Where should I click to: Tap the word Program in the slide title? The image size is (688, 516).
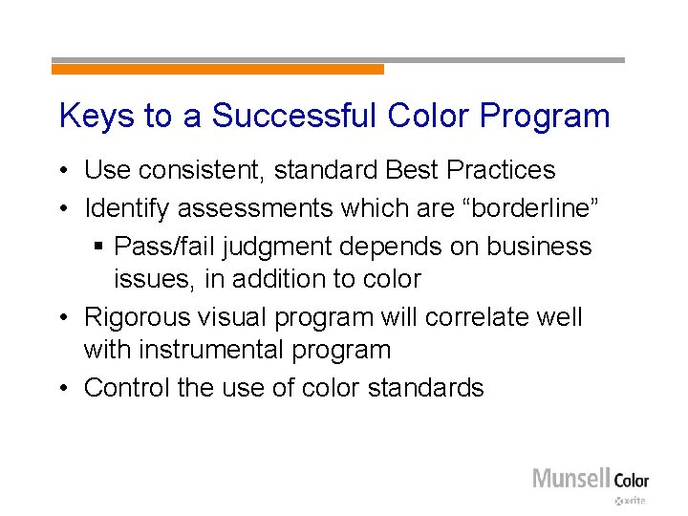click(x=546, y=117)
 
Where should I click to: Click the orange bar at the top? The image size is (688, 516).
click(x=217, y=69)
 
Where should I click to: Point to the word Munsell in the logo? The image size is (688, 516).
click(x=570, y=478)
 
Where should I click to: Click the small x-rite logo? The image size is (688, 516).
click(x=631, y=501)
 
